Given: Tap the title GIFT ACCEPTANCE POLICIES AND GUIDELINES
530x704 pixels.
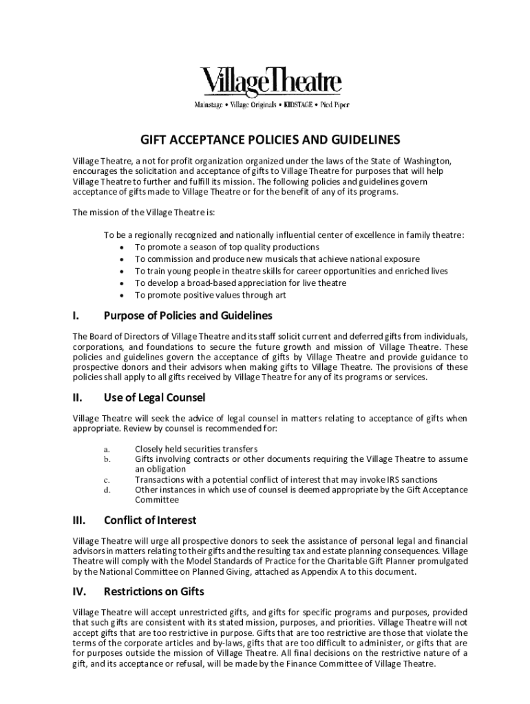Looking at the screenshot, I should point(271,140).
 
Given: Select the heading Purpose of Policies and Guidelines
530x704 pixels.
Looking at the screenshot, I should point(188,316).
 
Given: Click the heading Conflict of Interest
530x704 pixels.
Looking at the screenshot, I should point(150,520).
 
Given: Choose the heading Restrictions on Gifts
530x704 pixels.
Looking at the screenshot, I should point(153,591).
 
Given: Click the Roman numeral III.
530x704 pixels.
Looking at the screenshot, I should point(78,520).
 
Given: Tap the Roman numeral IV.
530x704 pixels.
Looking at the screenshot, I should point(78,591).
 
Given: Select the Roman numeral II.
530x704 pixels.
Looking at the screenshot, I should point(77,397).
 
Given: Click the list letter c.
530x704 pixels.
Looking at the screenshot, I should point(107,480).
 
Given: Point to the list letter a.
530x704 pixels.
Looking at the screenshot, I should point(107,448).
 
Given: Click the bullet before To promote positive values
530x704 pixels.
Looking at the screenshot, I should point(122,296).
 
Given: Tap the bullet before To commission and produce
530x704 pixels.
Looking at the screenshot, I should point(122,259).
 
